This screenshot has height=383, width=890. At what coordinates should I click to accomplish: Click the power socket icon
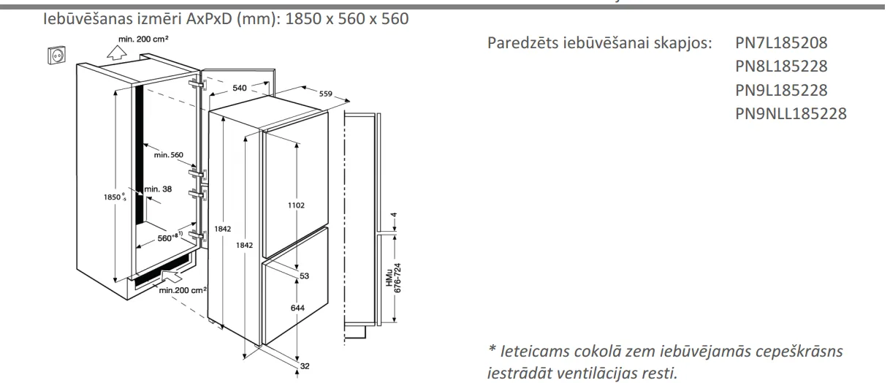(x=56, y=55)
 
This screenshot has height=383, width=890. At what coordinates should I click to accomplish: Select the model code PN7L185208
(x=781, y=43)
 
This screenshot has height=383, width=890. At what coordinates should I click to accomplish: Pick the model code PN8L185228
(x=781, y=67)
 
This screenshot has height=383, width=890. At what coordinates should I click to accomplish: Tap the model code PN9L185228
(x=781, y=90)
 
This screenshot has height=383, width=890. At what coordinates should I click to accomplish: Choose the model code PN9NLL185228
(x=791, y=113)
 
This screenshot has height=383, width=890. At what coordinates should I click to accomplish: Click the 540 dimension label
(x=240, y=88)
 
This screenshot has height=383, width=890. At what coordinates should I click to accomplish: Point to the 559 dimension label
(x=325, y=94)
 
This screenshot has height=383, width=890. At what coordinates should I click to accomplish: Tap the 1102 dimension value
(x=297, y=205)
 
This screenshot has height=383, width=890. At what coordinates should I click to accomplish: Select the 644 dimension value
(x=297, y=308)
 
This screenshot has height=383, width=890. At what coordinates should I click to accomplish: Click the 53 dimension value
(x=305, y=276)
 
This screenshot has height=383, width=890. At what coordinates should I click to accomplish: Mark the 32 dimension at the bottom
(x=305, y=366)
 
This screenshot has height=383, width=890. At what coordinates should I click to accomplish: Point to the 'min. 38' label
(x=158, y=189)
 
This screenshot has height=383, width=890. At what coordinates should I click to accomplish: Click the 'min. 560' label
(x=169, y=155)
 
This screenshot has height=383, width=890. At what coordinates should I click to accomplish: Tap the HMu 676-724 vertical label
(x=393, y=278)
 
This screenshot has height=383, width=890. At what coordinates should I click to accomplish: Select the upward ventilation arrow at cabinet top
(x=117, y=53)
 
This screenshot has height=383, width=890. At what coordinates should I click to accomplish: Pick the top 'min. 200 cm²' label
(x=143, y=39)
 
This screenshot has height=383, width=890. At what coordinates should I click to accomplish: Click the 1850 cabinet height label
(x=115, y=197)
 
